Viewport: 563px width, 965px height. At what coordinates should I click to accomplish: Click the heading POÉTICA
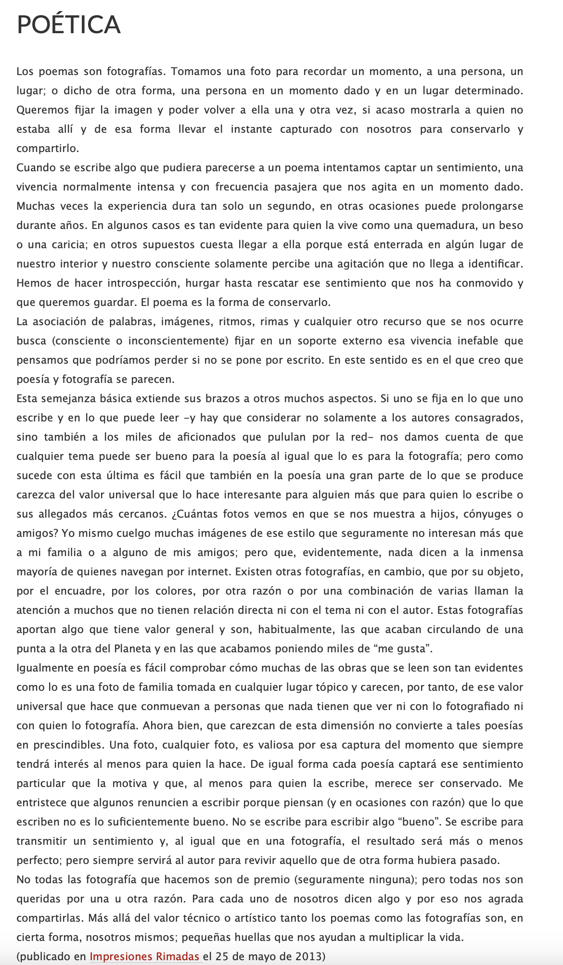(x=68, y=25)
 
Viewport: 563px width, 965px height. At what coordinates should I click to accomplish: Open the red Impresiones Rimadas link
(x=144, y=956)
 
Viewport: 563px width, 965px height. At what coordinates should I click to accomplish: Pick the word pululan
(x=282, y=437)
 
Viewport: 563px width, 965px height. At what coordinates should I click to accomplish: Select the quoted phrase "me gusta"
(x=403, y=648)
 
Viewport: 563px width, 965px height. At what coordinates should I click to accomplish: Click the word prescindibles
(x=68, y=745)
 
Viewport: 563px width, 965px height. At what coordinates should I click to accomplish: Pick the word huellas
(x=322, y=937)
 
